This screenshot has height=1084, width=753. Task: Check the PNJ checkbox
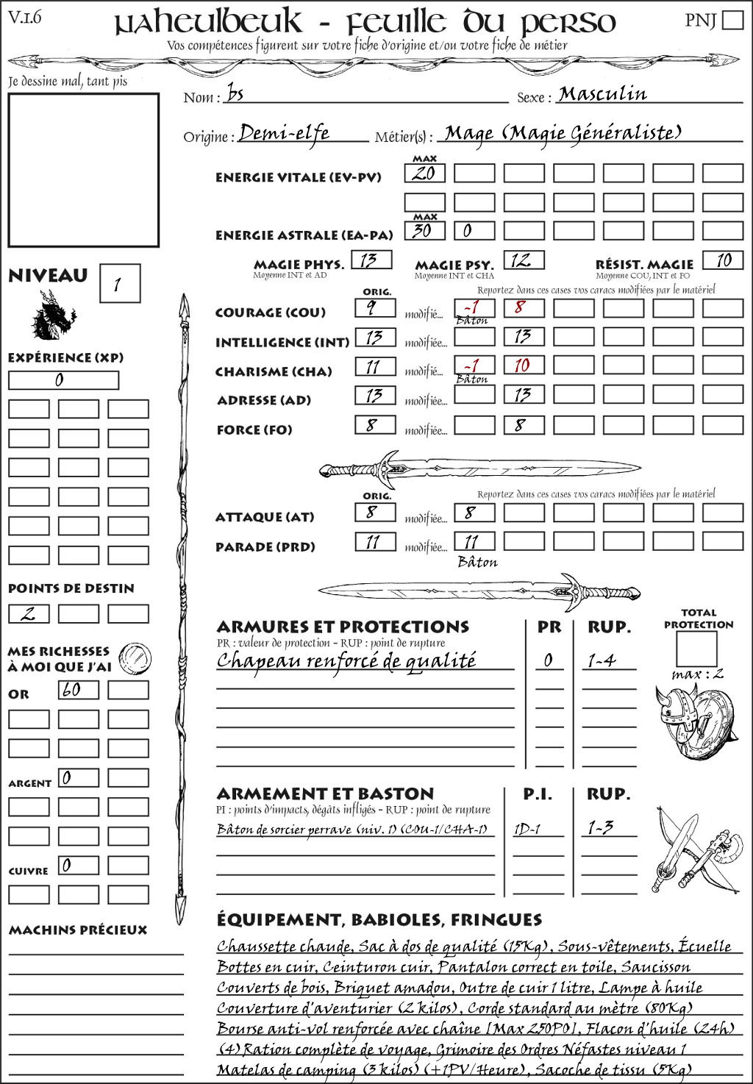(x=733, y=20)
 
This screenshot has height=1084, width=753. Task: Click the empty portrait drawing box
(x=83, y=170)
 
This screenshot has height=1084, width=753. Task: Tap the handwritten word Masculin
(x=602, y=94)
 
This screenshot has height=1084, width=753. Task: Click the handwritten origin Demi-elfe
(x=284, y=133)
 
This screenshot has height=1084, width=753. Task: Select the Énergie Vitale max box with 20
(x=424, y=174)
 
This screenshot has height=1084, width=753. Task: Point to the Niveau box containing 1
(x=119, y=284)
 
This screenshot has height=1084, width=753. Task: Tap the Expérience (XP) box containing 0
(x=63, y=380)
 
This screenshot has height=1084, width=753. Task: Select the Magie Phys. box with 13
(x=371, y=260)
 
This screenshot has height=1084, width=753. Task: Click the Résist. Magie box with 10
(x=722, y=260)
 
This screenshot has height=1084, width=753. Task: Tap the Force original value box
(x=375, y=425)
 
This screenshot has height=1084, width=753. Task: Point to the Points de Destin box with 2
(x=29, y=613)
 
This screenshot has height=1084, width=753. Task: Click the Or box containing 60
(x=78, y=690)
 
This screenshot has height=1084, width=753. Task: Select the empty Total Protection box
(x=696, y=649)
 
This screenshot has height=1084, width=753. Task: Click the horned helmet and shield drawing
(x=693, y=722)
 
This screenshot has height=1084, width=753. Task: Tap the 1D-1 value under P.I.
(x=527, y=829)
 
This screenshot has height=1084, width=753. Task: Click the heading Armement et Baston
(x=325, y=794)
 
